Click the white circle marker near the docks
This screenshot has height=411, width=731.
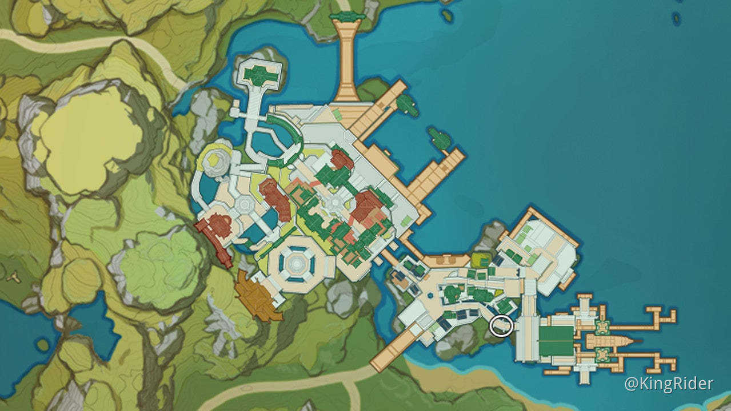click(500, 327)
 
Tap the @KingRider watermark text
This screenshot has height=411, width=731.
click(669, 384)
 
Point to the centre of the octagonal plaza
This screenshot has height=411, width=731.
click(296, 263)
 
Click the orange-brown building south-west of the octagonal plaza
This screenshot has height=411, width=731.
click(258, 296)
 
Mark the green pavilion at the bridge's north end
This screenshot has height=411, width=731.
click(347, 18)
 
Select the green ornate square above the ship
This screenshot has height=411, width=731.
click(601, 327)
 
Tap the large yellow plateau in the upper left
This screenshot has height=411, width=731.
click(91, 137)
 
